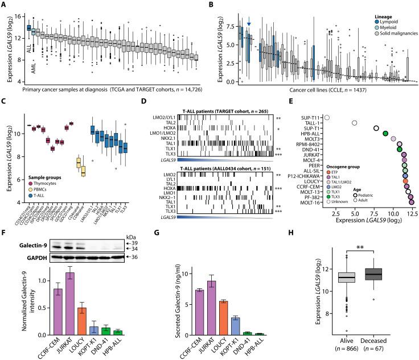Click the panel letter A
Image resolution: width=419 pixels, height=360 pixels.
coord(5,5)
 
